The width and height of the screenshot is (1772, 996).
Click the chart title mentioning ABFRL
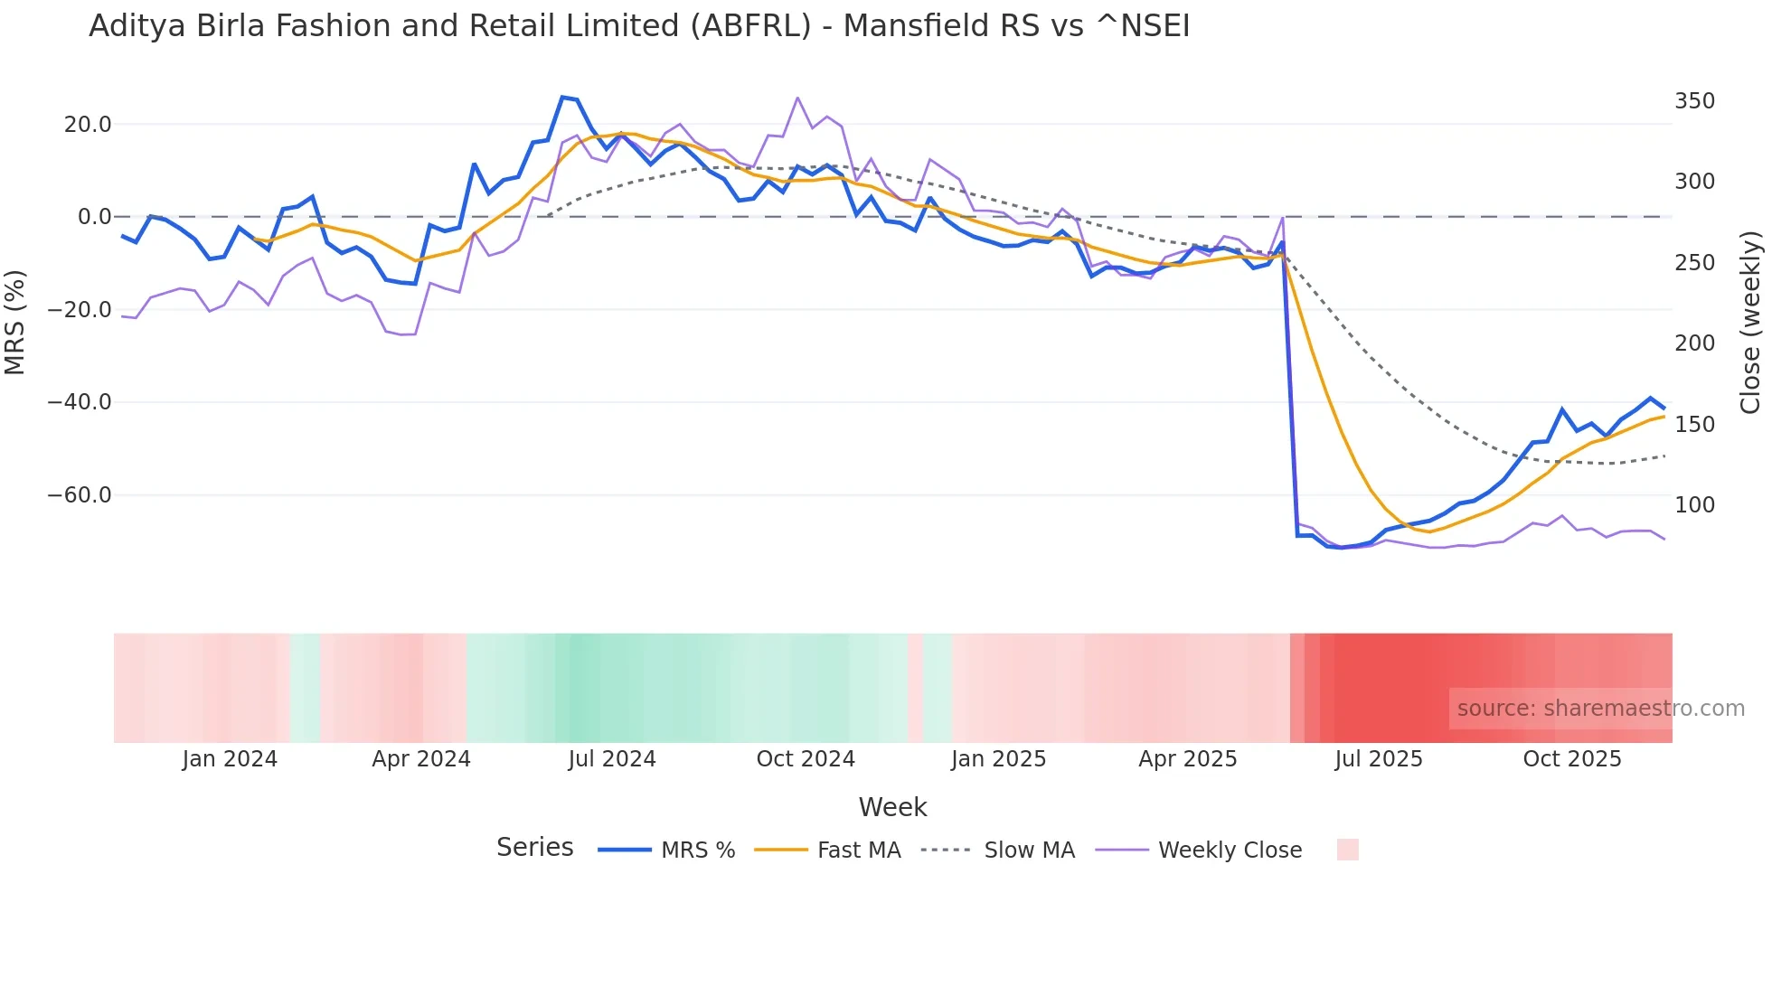coord(639,26)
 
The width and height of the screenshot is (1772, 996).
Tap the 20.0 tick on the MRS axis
coord(88,125)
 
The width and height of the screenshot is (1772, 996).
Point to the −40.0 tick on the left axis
coord(80,402)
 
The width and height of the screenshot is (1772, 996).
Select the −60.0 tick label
coord(80,495)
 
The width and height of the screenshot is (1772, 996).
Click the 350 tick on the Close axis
coord(1694,101)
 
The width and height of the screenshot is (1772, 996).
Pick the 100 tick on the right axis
coord(1694,505)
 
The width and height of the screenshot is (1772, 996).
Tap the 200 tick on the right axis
coord(1694,343)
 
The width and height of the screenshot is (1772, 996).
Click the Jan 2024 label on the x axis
coord(230,759)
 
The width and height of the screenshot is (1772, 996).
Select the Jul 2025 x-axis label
coord(1379,759)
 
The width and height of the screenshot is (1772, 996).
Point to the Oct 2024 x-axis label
coord(806,759)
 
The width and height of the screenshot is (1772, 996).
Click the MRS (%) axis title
coord(15,323)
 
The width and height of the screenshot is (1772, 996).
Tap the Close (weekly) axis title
coord(1751,323)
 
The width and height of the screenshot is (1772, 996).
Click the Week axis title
coord(892,807)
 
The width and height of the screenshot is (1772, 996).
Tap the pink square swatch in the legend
coord(1347,850)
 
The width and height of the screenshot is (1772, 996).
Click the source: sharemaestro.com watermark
coord(1600,709)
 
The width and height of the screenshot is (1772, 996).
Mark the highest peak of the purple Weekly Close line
coord(797,98)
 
